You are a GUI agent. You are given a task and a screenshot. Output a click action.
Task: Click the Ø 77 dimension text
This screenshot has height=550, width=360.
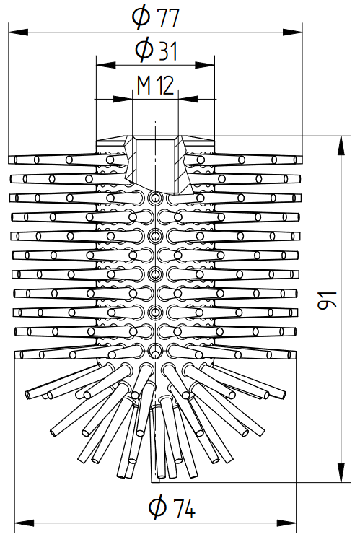click(155, 17)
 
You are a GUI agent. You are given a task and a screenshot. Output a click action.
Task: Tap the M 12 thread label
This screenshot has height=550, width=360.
click(155, 85)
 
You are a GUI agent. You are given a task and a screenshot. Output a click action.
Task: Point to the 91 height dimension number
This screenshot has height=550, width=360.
click(327, 300)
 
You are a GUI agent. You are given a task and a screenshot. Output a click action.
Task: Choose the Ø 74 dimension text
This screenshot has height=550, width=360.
click(172, 507)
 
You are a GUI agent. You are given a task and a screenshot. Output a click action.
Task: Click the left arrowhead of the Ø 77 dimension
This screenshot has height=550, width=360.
click(18, 32)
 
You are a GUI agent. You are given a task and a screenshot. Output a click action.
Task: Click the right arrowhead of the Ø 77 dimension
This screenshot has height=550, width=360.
click(293, 32)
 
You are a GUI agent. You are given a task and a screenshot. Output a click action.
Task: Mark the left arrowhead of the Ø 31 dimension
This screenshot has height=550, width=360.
click(106, 65)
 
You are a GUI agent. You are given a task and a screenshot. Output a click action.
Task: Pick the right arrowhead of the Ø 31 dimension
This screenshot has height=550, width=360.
click(205, 65)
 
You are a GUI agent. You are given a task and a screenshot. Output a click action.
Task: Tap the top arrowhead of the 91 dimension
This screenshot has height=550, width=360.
click(341, 145)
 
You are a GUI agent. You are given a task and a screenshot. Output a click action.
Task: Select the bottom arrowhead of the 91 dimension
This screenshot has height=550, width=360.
click(341, 473)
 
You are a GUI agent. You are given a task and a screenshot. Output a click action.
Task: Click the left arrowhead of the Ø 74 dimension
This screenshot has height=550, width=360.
click(25, 523)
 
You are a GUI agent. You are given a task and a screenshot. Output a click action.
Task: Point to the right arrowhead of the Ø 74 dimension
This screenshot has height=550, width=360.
click(286, 523)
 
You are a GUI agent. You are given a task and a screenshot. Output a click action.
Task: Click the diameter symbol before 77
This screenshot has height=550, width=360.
click(141, 17)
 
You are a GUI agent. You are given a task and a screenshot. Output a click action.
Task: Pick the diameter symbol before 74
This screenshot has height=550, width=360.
click(157, 507)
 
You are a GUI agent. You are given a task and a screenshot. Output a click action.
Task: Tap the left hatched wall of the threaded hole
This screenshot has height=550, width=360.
click(130, 162)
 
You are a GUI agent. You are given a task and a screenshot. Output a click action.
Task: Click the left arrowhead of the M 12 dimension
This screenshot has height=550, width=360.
click(123, 99)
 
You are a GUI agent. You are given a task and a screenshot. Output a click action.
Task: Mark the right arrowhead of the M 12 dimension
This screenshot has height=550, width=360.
click(188, 99)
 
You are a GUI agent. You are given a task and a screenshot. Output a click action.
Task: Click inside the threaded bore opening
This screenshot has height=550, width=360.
click(155, 163)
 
